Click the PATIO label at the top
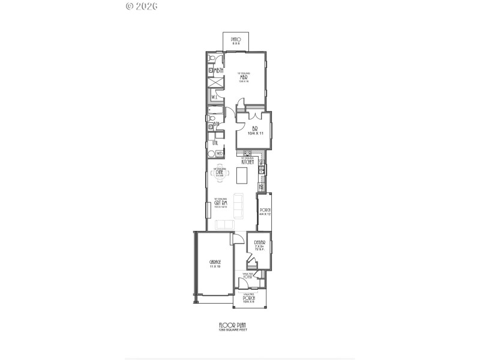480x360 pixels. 236,40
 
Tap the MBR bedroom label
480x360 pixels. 244,77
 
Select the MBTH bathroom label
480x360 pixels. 219,71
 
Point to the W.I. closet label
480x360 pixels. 214,97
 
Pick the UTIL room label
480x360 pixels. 214,143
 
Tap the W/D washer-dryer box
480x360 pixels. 220,154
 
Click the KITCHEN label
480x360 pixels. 247,162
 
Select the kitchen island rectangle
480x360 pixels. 242,176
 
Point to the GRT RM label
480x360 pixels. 221,203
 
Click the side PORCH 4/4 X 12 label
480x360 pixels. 265,211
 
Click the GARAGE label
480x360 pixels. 214,263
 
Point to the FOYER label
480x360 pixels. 248,277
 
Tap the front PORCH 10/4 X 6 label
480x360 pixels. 249,298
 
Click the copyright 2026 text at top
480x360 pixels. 142,7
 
